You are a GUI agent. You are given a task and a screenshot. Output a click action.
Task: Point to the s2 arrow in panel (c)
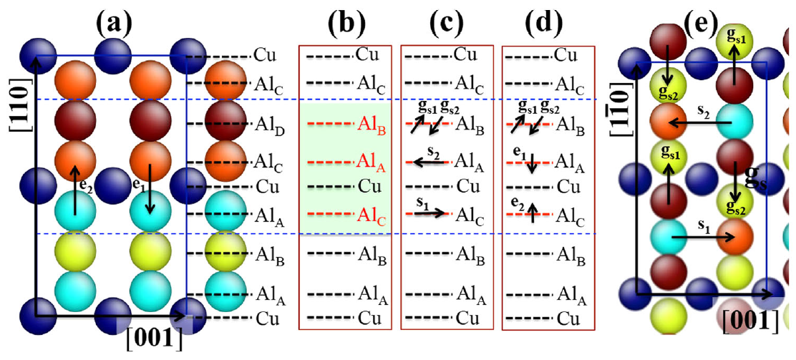click(428, 163)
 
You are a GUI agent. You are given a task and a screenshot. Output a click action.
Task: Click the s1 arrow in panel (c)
click(429, 212)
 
